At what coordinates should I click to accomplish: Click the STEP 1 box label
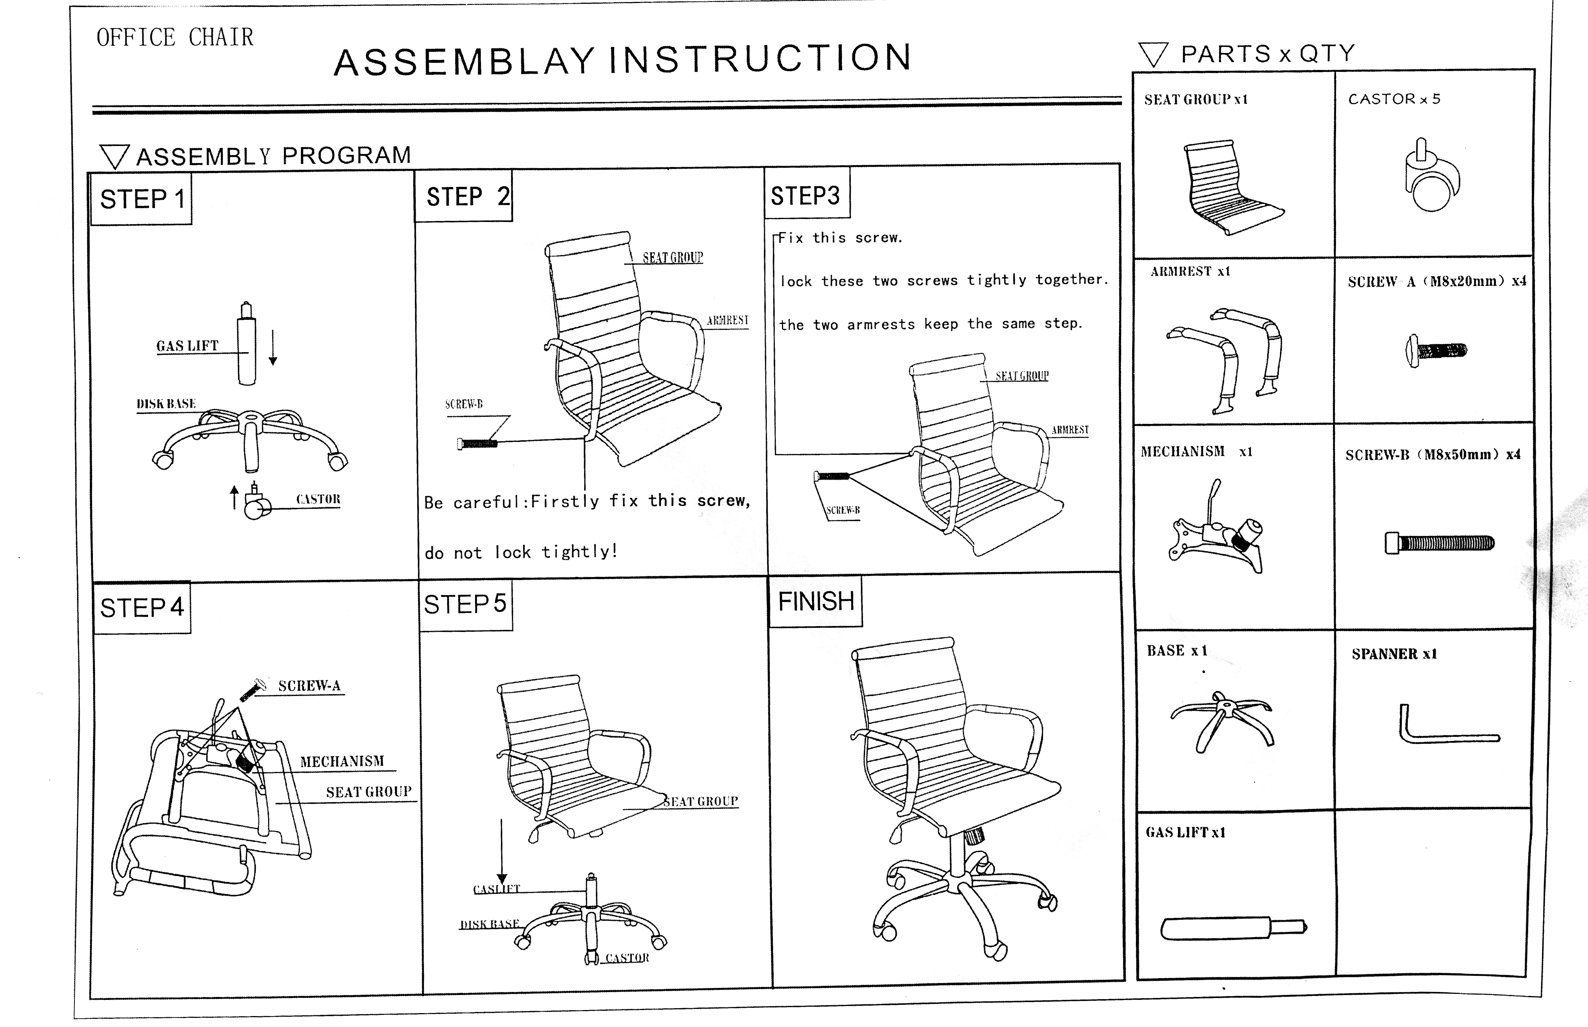tap(142, 199)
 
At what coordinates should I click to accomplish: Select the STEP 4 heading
tap(141, 608)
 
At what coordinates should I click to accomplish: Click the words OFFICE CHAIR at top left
tap(175, 37)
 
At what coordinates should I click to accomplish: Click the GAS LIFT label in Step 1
tap(187, 345)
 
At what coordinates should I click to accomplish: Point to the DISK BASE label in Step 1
tap(166, 403)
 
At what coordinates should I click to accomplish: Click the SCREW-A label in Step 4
tap(309, 685)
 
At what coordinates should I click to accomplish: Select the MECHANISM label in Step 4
tap(342, 761)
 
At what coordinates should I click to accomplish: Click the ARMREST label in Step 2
tap(727, 320)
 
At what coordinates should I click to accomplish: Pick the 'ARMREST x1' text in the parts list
tap(1190, 271)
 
